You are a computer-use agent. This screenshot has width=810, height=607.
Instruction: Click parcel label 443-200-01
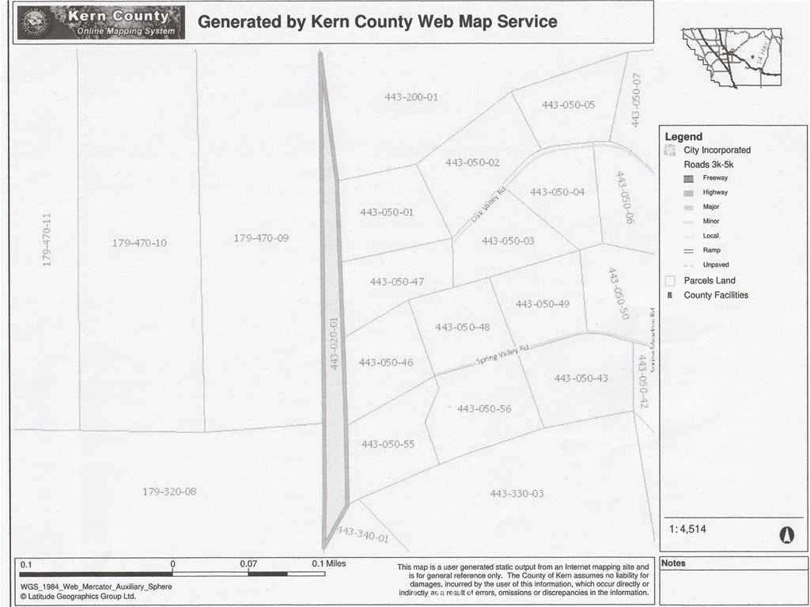pos(411,97)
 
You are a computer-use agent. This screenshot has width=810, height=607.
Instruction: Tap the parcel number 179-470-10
pos(139,243)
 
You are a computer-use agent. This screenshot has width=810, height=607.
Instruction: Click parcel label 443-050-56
pos(483,408)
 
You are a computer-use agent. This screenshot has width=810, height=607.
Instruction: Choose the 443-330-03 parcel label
pos(517,494)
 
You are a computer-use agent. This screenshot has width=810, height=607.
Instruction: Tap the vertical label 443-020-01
pos(335,343)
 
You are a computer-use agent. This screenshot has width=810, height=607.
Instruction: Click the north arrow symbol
pos(786,535)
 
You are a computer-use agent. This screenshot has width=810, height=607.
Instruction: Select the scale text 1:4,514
pos(687,529)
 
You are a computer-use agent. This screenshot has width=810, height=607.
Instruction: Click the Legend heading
pos(683,137)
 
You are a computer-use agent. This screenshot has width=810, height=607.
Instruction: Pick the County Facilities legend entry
pos(715,295)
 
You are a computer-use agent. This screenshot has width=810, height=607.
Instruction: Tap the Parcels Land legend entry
pos(710,280)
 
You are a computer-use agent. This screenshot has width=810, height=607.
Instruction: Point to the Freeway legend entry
pos(714,178)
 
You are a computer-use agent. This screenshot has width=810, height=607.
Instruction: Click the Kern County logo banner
pos(100,23)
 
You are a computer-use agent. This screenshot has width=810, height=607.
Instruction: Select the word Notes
pos(674,563)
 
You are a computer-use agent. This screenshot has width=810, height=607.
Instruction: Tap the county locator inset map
pos(731,57)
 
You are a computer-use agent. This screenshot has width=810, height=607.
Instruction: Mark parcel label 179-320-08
pos(169,491)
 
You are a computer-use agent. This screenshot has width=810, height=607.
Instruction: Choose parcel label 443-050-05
pos(568,105)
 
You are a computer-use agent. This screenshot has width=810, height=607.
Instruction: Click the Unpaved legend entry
pos(715,265)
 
